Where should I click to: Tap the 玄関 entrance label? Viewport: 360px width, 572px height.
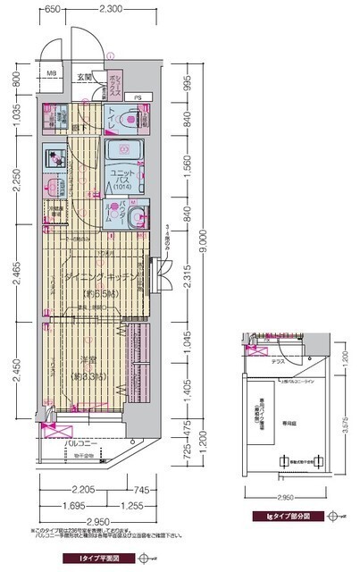(85, 79)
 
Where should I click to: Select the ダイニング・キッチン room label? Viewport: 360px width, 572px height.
(100, 278)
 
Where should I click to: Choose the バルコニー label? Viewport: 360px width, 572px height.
(81, 442)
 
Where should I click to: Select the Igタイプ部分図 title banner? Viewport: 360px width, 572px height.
(277, 516)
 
